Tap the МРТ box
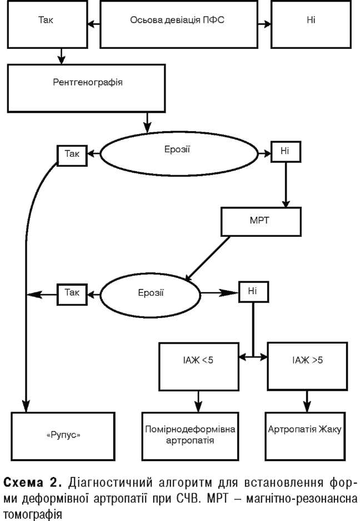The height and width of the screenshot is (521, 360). point(261,221)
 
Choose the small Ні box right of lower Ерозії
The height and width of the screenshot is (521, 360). point(253,291)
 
